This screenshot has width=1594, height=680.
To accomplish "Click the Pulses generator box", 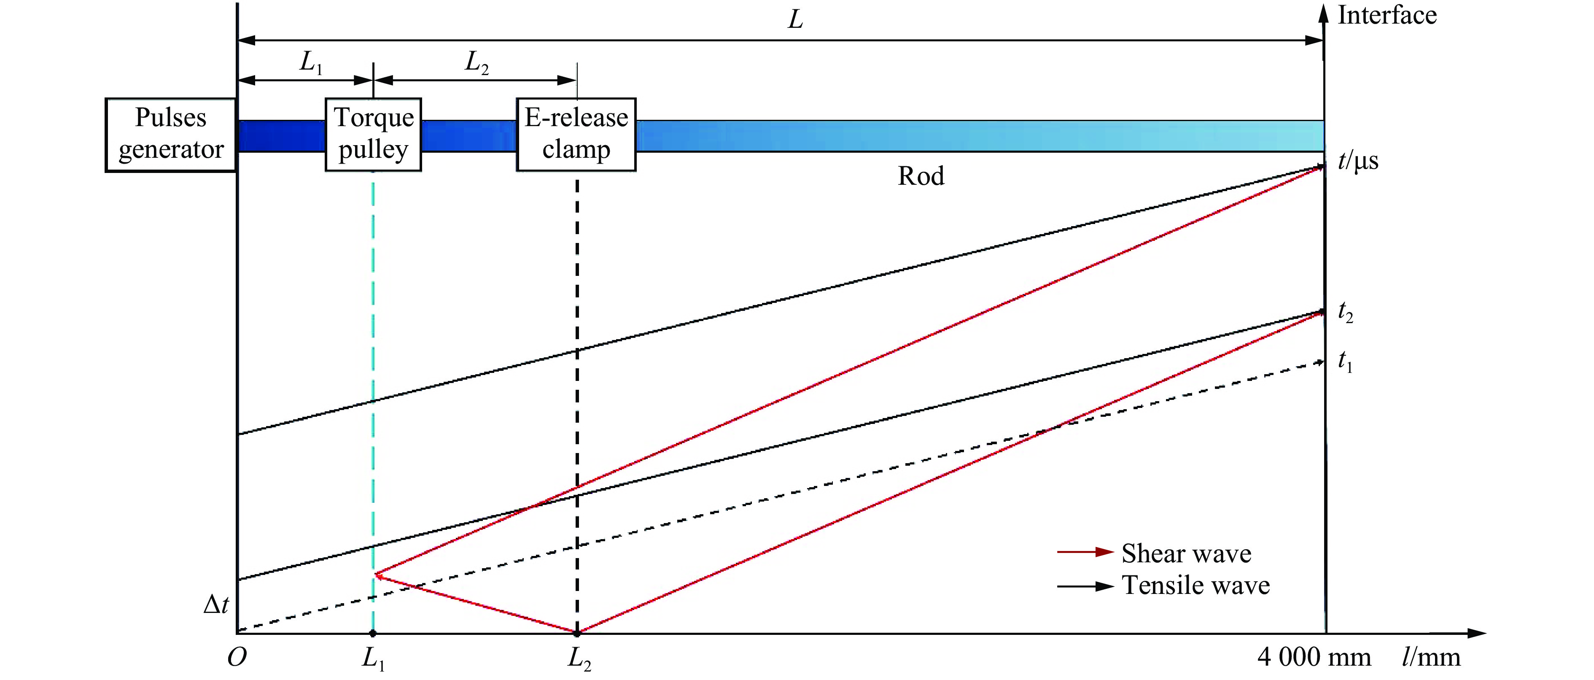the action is pos(171,134).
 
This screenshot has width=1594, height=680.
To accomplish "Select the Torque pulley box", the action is pos(373,134).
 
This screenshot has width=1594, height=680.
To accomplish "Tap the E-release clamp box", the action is pos(576,134).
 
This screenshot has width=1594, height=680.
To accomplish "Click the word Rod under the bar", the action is pos(921,176).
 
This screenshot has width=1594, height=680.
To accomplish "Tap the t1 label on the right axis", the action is pos(1345,362).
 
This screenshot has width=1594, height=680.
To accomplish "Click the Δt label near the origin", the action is pos(216,604).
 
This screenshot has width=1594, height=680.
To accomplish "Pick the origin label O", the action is pos(237,657).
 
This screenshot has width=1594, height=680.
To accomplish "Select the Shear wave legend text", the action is pos(1186,553).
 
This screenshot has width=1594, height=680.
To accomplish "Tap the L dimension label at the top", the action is pos(795,20).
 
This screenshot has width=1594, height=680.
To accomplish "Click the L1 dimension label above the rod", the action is pos(311,62).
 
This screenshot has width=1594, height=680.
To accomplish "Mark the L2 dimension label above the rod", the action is pos(477,62).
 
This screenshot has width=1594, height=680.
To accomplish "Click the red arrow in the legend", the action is pos(1085,552).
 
